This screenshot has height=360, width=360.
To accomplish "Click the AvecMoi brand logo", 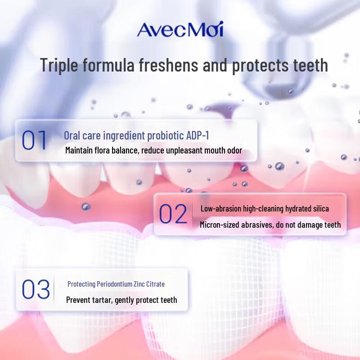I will (x=180, y=30).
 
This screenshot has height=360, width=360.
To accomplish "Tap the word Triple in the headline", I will (x=59, y=65).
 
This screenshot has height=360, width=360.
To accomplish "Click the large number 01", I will (x=34, y=140).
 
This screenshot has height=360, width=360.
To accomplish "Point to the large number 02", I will (x=173, y=214).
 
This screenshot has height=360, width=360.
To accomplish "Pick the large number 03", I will (x=36, y=290).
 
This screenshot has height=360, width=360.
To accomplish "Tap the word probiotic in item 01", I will (x=160, y=135).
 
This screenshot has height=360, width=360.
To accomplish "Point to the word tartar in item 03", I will (x=107, y=300).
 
